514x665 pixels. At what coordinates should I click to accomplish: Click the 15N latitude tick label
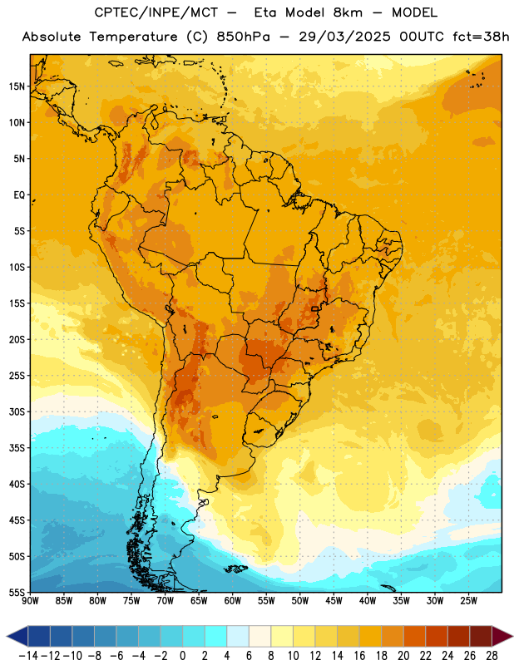point(17,86)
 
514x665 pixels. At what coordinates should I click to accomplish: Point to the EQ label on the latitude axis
point(19,195)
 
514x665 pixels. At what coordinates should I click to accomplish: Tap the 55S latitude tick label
point(17,592)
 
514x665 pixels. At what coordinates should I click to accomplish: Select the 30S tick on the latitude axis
point(17,411)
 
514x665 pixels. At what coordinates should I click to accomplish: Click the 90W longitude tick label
point(31,601)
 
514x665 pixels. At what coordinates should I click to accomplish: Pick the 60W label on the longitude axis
point(233,601)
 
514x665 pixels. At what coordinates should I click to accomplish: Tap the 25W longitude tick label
point(468,601)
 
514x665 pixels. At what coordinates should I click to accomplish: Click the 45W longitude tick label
point(334,601)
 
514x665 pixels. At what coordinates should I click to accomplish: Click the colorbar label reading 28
point(492,656)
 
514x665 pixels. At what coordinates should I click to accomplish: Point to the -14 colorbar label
point(28,656)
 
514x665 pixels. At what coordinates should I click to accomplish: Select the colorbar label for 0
point(182,656)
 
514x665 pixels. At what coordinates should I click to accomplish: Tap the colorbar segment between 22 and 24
point(437,637)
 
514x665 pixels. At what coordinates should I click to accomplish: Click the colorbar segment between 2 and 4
point(215,637)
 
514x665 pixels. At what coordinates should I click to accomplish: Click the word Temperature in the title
point(133,37)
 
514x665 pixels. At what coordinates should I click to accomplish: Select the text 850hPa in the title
point(243,37)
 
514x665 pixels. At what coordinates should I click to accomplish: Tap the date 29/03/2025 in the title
point(344,37)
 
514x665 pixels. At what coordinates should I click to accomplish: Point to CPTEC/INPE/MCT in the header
point(156,12)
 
